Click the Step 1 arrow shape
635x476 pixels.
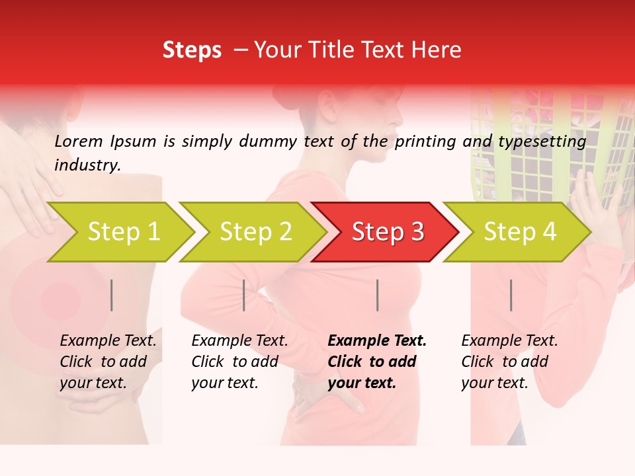coord(122,232)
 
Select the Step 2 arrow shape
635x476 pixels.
coord(255,232)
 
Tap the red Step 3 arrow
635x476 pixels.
coord(387,232)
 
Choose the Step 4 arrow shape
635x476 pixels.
coord(519,232)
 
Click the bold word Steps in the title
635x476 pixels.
coord(192,50)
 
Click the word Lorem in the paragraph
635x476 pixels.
coord(78,141)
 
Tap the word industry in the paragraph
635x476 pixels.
coord(87,165)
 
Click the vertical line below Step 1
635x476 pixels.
coord(112,295)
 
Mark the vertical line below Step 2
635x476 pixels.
coord(244,295)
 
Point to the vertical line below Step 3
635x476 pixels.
coord(377,295)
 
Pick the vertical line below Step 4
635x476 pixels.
coord(511,295)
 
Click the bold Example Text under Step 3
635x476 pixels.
coord(377,340)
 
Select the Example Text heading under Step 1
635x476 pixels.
coord(108,340)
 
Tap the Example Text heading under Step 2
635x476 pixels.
coord(239,340)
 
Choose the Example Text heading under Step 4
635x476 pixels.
coord(509,340)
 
